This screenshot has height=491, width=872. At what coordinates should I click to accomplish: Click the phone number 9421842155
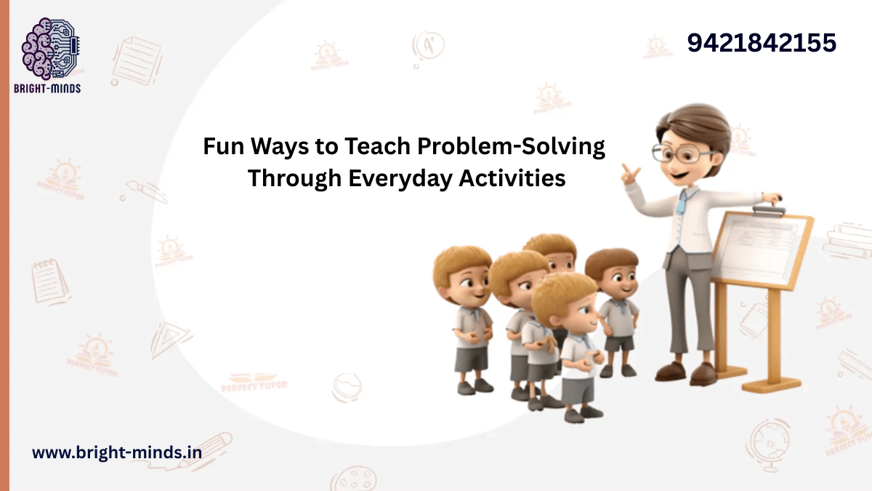tap(762, 43)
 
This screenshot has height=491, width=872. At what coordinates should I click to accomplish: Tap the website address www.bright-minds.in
tap(116, 452)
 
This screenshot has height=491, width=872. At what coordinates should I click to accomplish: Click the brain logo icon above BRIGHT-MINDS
tap(49, 48)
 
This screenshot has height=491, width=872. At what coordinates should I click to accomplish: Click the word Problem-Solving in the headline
tap(511, 147)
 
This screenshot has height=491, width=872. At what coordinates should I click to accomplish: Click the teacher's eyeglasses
tap(681, 153)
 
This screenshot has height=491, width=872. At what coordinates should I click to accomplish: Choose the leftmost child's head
tap(463, 273)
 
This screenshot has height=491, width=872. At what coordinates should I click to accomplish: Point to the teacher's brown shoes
tap(683, 372)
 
